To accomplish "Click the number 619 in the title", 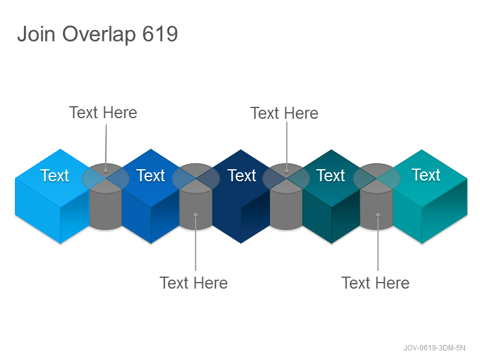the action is click(160, 34).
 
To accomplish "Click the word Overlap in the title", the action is click(99, 34).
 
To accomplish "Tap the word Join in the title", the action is click(36, 34).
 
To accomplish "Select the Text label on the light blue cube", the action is click(55, 175).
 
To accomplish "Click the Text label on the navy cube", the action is click(242, 175).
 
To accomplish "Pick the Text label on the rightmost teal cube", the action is click(426, 175).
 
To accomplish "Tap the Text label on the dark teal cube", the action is click(331, 175).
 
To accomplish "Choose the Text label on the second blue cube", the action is click(151, 175).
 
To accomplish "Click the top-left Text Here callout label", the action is click(103, 113).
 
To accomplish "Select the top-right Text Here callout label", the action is click(284, 113).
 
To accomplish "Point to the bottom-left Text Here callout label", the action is click(193, 283).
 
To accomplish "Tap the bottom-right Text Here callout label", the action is click(376, 283).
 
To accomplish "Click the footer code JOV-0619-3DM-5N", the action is click(434, 348).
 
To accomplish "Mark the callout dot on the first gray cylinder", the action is click(106, 171).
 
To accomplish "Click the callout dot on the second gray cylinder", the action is click(196, 215).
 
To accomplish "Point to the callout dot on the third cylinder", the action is click(287, 171).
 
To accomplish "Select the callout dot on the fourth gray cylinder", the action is click(378, 215).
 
